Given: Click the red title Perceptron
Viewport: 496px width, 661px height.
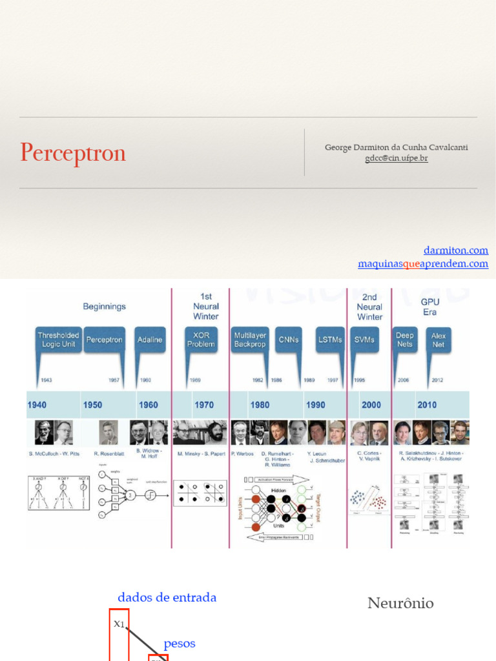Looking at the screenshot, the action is click(x=73, y=153).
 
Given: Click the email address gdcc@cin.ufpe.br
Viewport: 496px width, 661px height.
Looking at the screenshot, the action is click(x=396, y=158).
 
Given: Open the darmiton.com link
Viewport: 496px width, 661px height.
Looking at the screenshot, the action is click(x=455, y=250).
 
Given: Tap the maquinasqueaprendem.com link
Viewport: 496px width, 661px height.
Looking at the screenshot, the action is click(x=423, y=263).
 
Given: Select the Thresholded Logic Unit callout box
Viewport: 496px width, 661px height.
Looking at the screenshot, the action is click(x=58, y=340).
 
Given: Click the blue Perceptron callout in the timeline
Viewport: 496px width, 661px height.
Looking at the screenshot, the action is click(x=104, y=340).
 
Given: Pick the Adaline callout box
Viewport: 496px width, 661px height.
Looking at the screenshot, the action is click(x=150, y=340).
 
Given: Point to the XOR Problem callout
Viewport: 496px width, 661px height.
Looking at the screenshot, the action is click(x=201, y=340).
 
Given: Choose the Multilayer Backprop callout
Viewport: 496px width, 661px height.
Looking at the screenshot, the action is click(x=250, y=340).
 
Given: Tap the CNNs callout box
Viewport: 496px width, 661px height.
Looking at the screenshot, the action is click(x=288, y=340).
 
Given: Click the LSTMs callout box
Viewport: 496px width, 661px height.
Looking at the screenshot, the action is click(x=330, y=340).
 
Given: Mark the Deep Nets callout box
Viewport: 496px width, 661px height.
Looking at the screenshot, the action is click(x=405, y=340).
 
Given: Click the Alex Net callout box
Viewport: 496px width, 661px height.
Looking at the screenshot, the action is click(x=439, y=340).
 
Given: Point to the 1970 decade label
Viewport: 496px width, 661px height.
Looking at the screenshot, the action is click(x=204, y=405).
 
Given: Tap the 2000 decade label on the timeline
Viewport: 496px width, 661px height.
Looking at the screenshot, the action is click(x=371, y=405).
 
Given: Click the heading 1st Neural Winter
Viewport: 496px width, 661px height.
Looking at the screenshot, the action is click(x=206, y=307).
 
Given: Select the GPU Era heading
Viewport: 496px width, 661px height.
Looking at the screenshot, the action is click(x=429, y=307).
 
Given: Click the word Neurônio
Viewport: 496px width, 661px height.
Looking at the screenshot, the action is click(x=400, y=604).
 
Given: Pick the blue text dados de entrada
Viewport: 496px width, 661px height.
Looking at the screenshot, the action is click(x=167, y=598).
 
